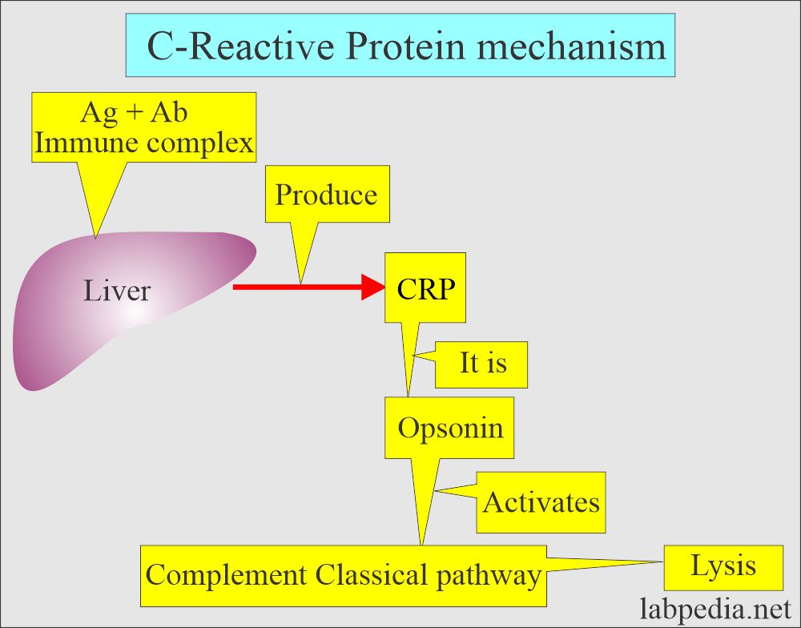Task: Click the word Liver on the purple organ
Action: click(117, 291)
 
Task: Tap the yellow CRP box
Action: click(425, 288)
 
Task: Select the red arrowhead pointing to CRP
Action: click(373, 288)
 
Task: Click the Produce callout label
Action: click(327, 194)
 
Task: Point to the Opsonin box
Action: click(449, 428)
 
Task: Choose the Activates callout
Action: click(541, 502)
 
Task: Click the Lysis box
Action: click(723, 567)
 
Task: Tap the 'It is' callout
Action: click(481, 364)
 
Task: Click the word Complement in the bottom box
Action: click(227, 576)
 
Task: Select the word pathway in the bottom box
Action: click(489, 576)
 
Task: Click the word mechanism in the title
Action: click(572, 46)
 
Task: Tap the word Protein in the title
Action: click(405, 46)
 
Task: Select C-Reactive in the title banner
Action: click(240, 46)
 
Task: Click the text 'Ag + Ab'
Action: click(134, 112)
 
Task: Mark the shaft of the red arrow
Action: click(297, 288)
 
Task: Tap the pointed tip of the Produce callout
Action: click(300, 284)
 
